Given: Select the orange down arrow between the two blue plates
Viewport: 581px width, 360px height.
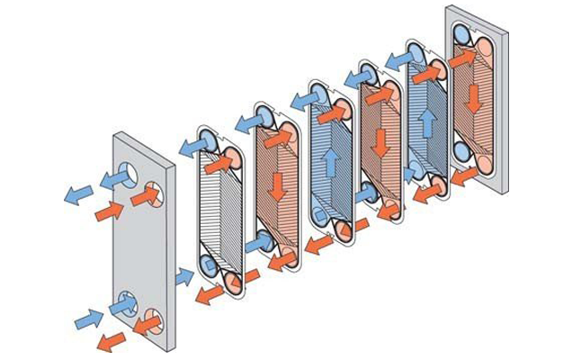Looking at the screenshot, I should click(380, 142).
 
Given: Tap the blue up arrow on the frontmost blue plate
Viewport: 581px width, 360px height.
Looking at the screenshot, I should click(331, 162).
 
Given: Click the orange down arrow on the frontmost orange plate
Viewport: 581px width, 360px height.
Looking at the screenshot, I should click(278, 185).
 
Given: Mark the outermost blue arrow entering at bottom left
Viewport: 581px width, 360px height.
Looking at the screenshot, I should click(88, 319).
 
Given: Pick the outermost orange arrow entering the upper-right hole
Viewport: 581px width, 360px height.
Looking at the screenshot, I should click(109, 211).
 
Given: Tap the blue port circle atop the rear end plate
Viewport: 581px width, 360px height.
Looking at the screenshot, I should click(461, 33).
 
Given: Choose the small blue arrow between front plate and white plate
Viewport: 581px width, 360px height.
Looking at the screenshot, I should click(184, 276).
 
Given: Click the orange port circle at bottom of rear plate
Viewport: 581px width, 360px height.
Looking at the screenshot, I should click(483, 166).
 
